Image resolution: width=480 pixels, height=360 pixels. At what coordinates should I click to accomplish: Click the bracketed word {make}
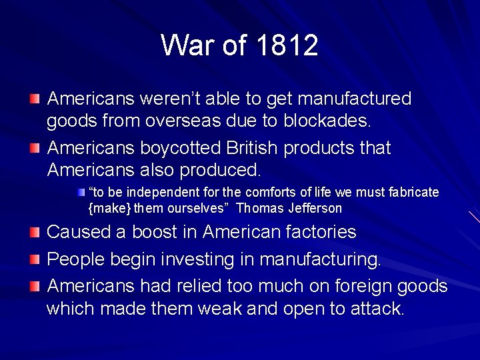coord(110,209)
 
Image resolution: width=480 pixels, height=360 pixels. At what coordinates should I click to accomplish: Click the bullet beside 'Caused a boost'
coord(35,233)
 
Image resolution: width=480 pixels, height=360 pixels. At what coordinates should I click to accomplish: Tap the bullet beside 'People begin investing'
coord(35,259)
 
